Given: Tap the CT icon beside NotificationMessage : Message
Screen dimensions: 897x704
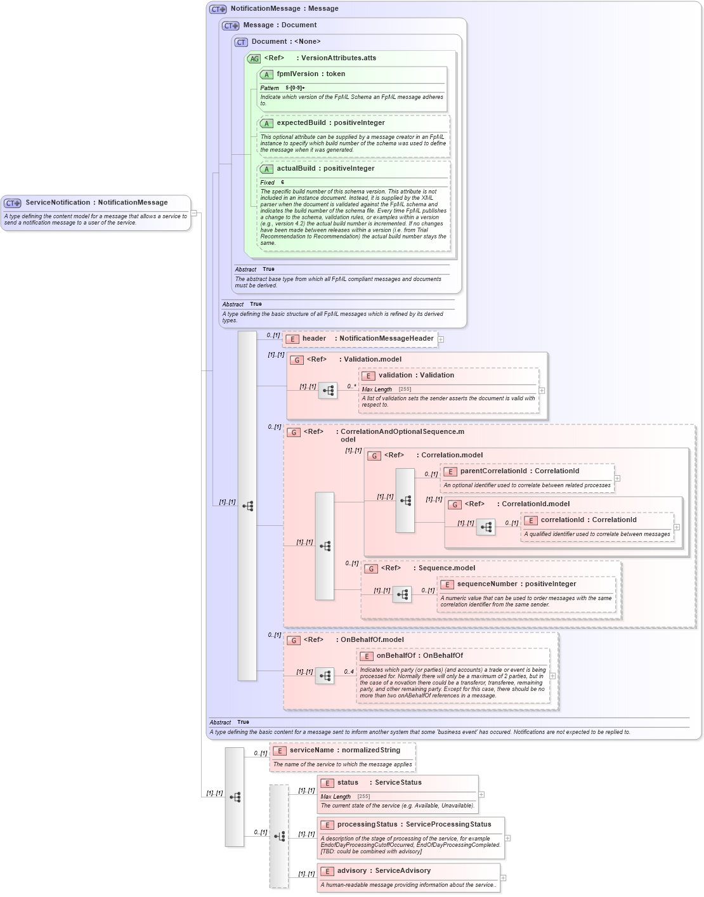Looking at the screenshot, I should (218, 9).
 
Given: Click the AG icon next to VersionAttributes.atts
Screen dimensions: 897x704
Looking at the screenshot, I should (254, 58).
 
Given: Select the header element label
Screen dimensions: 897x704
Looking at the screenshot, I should (314, 338).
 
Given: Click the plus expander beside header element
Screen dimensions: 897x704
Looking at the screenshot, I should (441, 339).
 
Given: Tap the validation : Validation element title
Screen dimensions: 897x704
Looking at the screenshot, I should (416, 375).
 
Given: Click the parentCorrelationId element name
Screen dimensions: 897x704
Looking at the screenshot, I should (493, 471).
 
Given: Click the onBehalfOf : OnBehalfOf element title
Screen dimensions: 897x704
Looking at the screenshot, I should (419, 655).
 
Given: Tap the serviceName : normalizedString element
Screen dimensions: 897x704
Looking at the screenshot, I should (344, 750).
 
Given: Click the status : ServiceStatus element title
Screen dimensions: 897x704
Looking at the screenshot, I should (379, 782).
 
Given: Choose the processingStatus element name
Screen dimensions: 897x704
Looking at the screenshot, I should (367, 824).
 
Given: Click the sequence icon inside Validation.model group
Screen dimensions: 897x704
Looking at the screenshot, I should (328, 391).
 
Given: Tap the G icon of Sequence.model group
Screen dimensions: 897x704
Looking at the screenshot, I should (371, 568).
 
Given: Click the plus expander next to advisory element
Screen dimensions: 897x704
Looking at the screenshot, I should (503, 878).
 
